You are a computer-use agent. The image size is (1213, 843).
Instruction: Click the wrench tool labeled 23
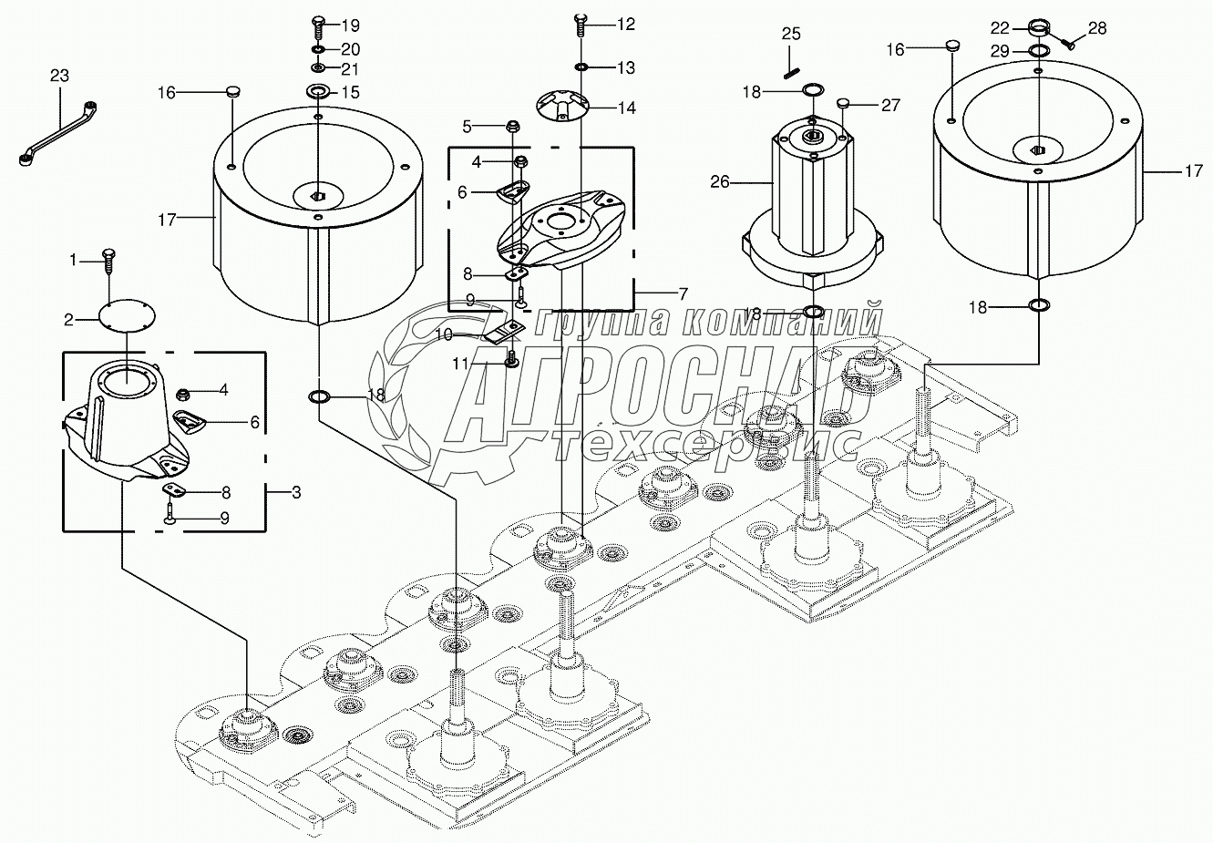58,133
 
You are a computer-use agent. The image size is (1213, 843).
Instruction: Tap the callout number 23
59,76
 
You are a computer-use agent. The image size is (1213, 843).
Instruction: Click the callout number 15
351,92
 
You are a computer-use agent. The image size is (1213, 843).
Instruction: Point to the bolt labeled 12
581,25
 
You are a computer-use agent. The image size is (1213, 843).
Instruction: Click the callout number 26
720,182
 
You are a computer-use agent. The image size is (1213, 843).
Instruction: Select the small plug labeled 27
843,103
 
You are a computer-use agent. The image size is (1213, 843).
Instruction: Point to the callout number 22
1000,27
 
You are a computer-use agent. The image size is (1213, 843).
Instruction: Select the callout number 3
295,493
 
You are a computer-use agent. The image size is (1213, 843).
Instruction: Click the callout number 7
683,294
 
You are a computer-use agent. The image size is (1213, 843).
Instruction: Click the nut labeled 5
511,128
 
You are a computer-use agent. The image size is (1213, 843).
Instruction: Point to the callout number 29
1000,51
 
